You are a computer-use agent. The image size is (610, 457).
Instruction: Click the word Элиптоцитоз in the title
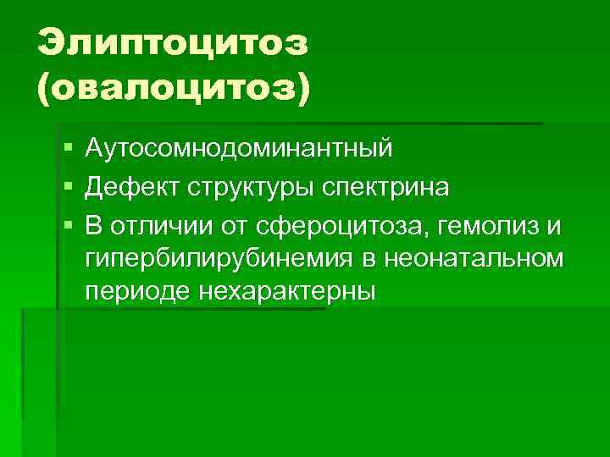173,42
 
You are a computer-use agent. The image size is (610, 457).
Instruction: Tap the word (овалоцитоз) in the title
174,85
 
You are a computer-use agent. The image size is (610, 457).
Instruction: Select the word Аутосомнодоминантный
239,149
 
